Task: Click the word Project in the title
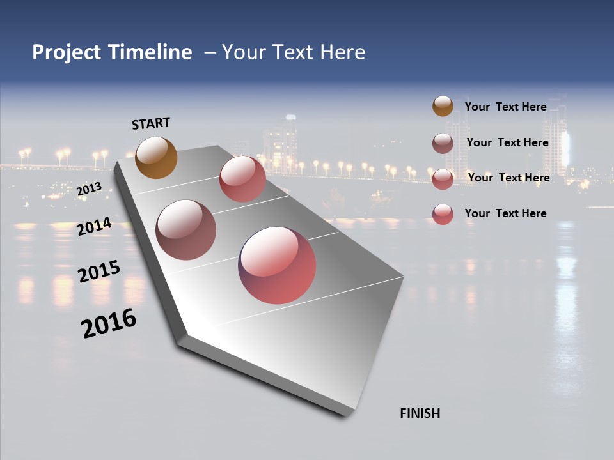tap(67, 52)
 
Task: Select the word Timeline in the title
tap(150, 52)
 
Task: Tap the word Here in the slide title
tap(343, 52)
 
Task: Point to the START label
tap(151, 123)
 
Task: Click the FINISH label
tap(420, 413)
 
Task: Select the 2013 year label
tap(89, 188)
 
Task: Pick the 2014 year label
tap(94, 226)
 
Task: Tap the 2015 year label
tap(99, 272)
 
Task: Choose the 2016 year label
tap(109, 324)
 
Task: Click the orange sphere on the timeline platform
tap(156, 157)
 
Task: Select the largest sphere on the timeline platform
tap(277, 265)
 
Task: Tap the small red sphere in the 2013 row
tap(242, 179)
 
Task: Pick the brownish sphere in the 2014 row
tap(185, 230)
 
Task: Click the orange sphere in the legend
tap(443, 107)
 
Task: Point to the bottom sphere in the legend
tap(443, 214)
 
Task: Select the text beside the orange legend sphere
tap(505, 107)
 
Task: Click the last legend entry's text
tap(505, 213)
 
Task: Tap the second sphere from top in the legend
tap(443, 143)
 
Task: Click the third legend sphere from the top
tap(443, 179)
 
